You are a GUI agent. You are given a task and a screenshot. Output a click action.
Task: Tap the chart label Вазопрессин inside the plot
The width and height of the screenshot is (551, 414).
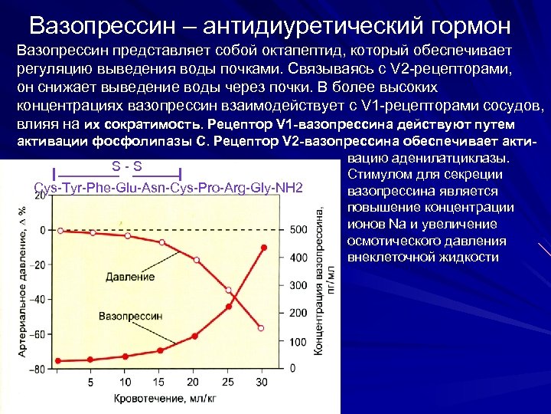point(131,314)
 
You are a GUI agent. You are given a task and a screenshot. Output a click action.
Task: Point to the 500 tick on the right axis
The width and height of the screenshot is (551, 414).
point(298,230)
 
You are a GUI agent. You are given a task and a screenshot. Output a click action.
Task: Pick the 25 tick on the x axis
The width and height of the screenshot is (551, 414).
point(228,382)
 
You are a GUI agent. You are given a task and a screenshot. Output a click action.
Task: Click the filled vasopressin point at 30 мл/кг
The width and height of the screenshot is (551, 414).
point(263,247)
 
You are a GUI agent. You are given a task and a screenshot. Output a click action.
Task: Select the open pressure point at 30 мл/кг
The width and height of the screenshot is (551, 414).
point(261,328)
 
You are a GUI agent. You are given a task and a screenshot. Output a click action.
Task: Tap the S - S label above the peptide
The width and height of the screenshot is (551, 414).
point(128,166)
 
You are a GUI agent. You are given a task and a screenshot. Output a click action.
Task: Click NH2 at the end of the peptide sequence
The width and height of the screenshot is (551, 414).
point(291,188)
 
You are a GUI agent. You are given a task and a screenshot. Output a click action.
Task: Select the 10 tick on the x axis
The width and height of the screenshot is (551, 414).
point(126,382)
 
